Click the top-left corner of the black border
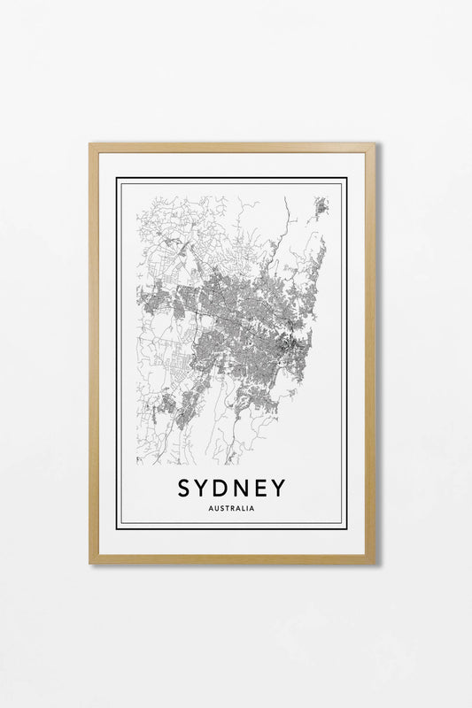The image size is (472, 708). click(x=117, y=180)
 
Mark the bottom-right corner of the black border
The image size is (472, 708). click(x=346, y=528)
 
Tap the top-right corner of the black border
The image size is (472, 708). click(x=346, y=180)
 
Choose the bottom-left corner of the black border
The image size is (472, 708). click(x=117, y=528)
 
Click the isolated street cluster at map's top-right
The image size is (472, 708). click(x=321, y=209)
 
